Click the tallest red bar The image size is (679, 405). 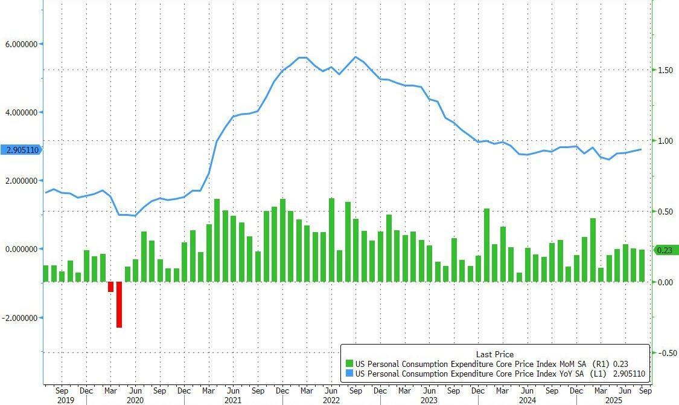(x=119, y=305)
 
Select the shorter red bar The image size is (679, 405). (x=111, y=287)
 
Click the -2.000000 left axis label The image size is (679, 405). (x=21, y=318)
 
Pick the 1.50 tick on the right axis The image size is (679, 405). (x=665, y=70)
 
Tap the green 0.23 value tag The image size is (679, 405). (x=665, y=250)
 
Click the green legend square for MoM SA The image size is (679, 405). (x=349, y=364)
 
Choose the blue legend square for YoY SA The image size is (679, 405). (x=349, y=374)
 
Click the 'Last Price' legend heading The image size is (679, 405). (x=494, y=354)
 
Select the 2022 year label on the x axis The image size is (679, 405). (x=330, y=400)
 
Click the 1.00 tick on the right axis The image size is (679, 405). (x=665, y=141)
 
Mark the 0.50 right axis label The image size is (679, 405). (x=665, y=212)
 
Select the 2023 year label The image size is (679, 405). (x=429, y=400)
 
